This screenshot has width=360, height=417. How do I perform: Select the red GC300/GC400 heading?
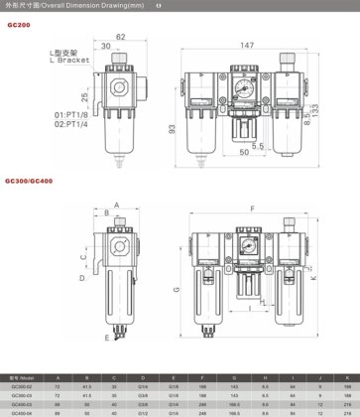[27, 181]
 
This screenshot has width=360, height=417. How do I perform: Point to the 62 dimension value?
[119, 37]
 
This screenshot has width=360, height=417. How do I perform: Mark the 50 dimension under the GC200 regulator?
[245, 155]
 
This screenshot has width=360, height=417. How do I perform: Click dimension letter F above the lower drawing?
[250, 208]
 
